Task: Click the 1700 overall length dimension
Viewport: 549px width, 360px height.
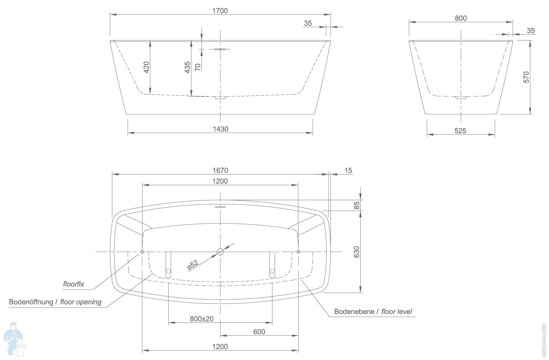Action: [220, 11]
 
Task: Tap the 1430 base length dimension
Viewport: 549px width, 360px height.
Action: [221, 129]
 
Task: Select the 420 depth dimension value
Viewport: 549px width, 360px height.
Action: [146, 67]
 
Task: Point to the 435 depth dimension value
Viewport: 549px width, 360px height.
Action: [187, 67]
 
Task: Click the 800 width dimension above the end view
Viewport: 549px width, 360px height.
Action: [461, 18]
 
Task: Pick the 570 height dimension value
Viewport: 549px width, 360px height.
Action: [526, 77]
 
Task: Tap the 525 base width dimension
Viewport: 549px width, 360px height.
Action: [460, 131]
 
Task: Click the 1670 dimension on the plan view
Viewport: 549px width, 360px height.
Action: [220, 170]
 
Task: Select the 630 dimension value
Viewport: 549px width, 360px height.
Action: [357, 252]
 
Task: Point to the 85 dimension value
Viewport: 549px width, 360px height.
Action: [357, 205]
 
